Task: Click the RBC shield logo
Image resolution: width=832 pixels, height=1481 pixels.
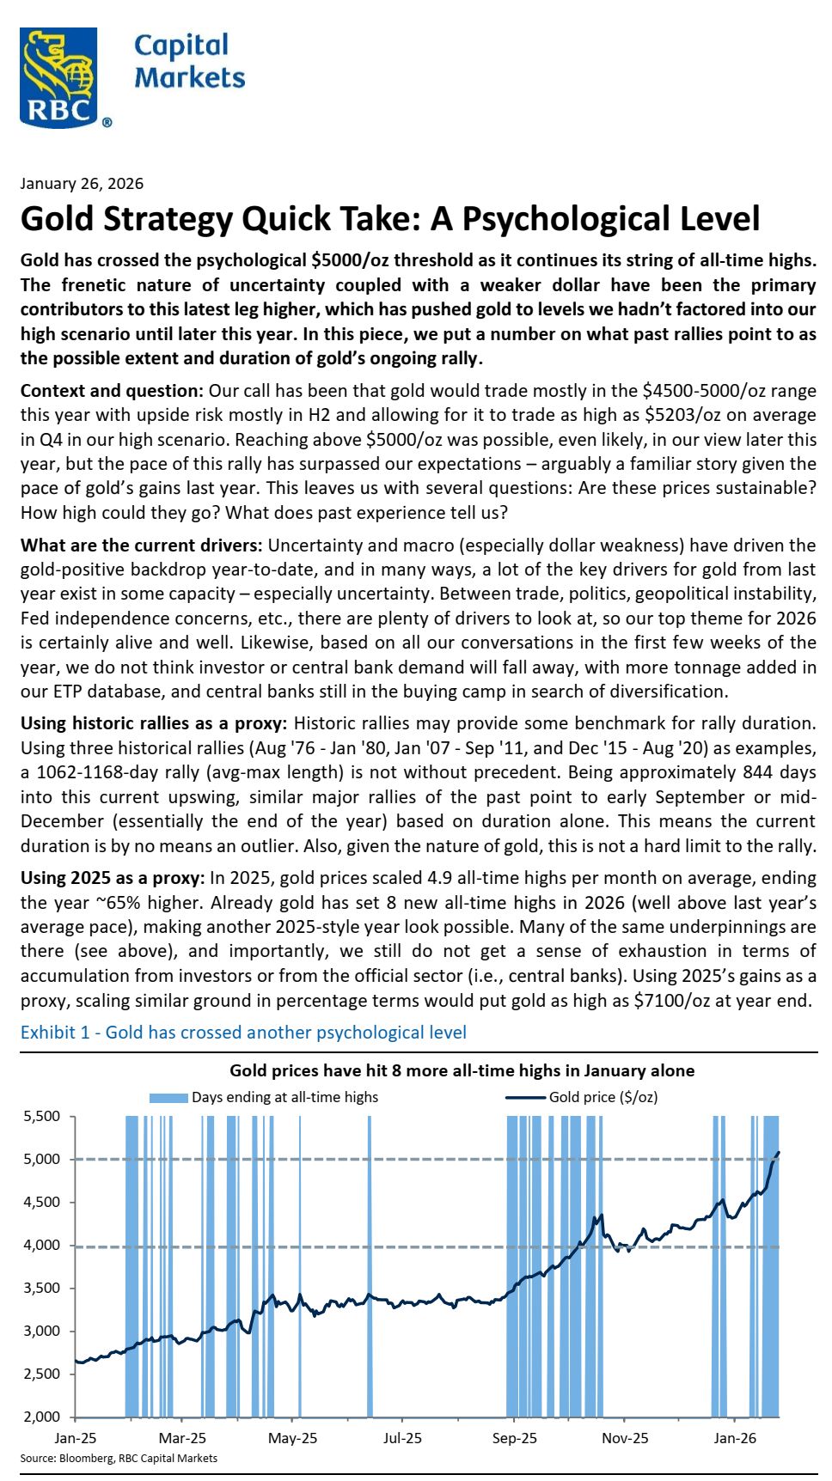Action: tap(58, 76)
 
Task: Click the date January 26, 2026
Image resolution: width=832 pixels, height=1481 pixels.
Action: tap(82, 184)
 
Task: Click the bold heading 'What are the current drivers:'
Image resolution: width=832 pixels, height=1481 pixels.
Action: tap(141, 545)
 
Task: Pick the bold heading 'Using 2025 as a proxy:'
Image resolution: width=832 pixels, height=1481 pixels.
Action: tap(112, 879)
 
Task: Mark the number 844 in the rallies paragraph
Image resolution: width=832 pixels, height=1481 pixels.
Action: tap(765, 772)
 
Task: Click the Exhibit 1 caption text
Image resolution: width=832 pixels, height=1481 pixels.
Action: tap(243, 1033)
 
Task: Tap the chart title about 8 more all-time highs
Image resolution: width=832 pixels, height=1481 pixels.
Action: tap(462, 1071)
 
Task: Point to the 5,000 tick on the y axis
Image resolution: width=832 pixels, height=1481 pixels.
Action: tap(41, 1160)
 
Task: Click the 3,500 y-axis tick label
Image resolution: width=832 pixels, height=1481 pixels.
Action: tap(41, 1289)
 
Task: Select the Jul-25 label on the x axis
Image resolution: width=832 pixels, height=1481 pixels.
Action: tap(402, 1438)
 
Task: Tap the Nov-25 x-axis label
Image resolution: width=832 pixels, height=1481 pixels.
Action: tap(625, 1438)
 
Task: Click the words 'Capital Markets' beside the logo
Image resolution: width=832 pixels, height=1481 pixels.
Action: tap(189, 62)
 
